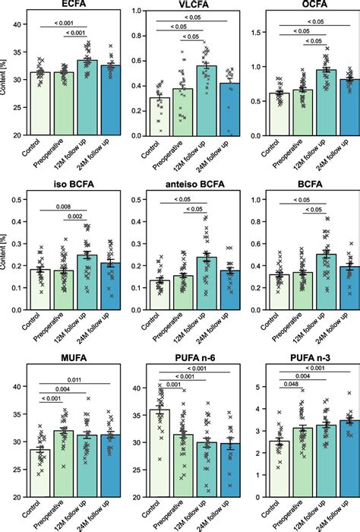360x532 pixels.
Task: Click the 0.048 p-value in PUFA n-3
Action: (x=291, y=385)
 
